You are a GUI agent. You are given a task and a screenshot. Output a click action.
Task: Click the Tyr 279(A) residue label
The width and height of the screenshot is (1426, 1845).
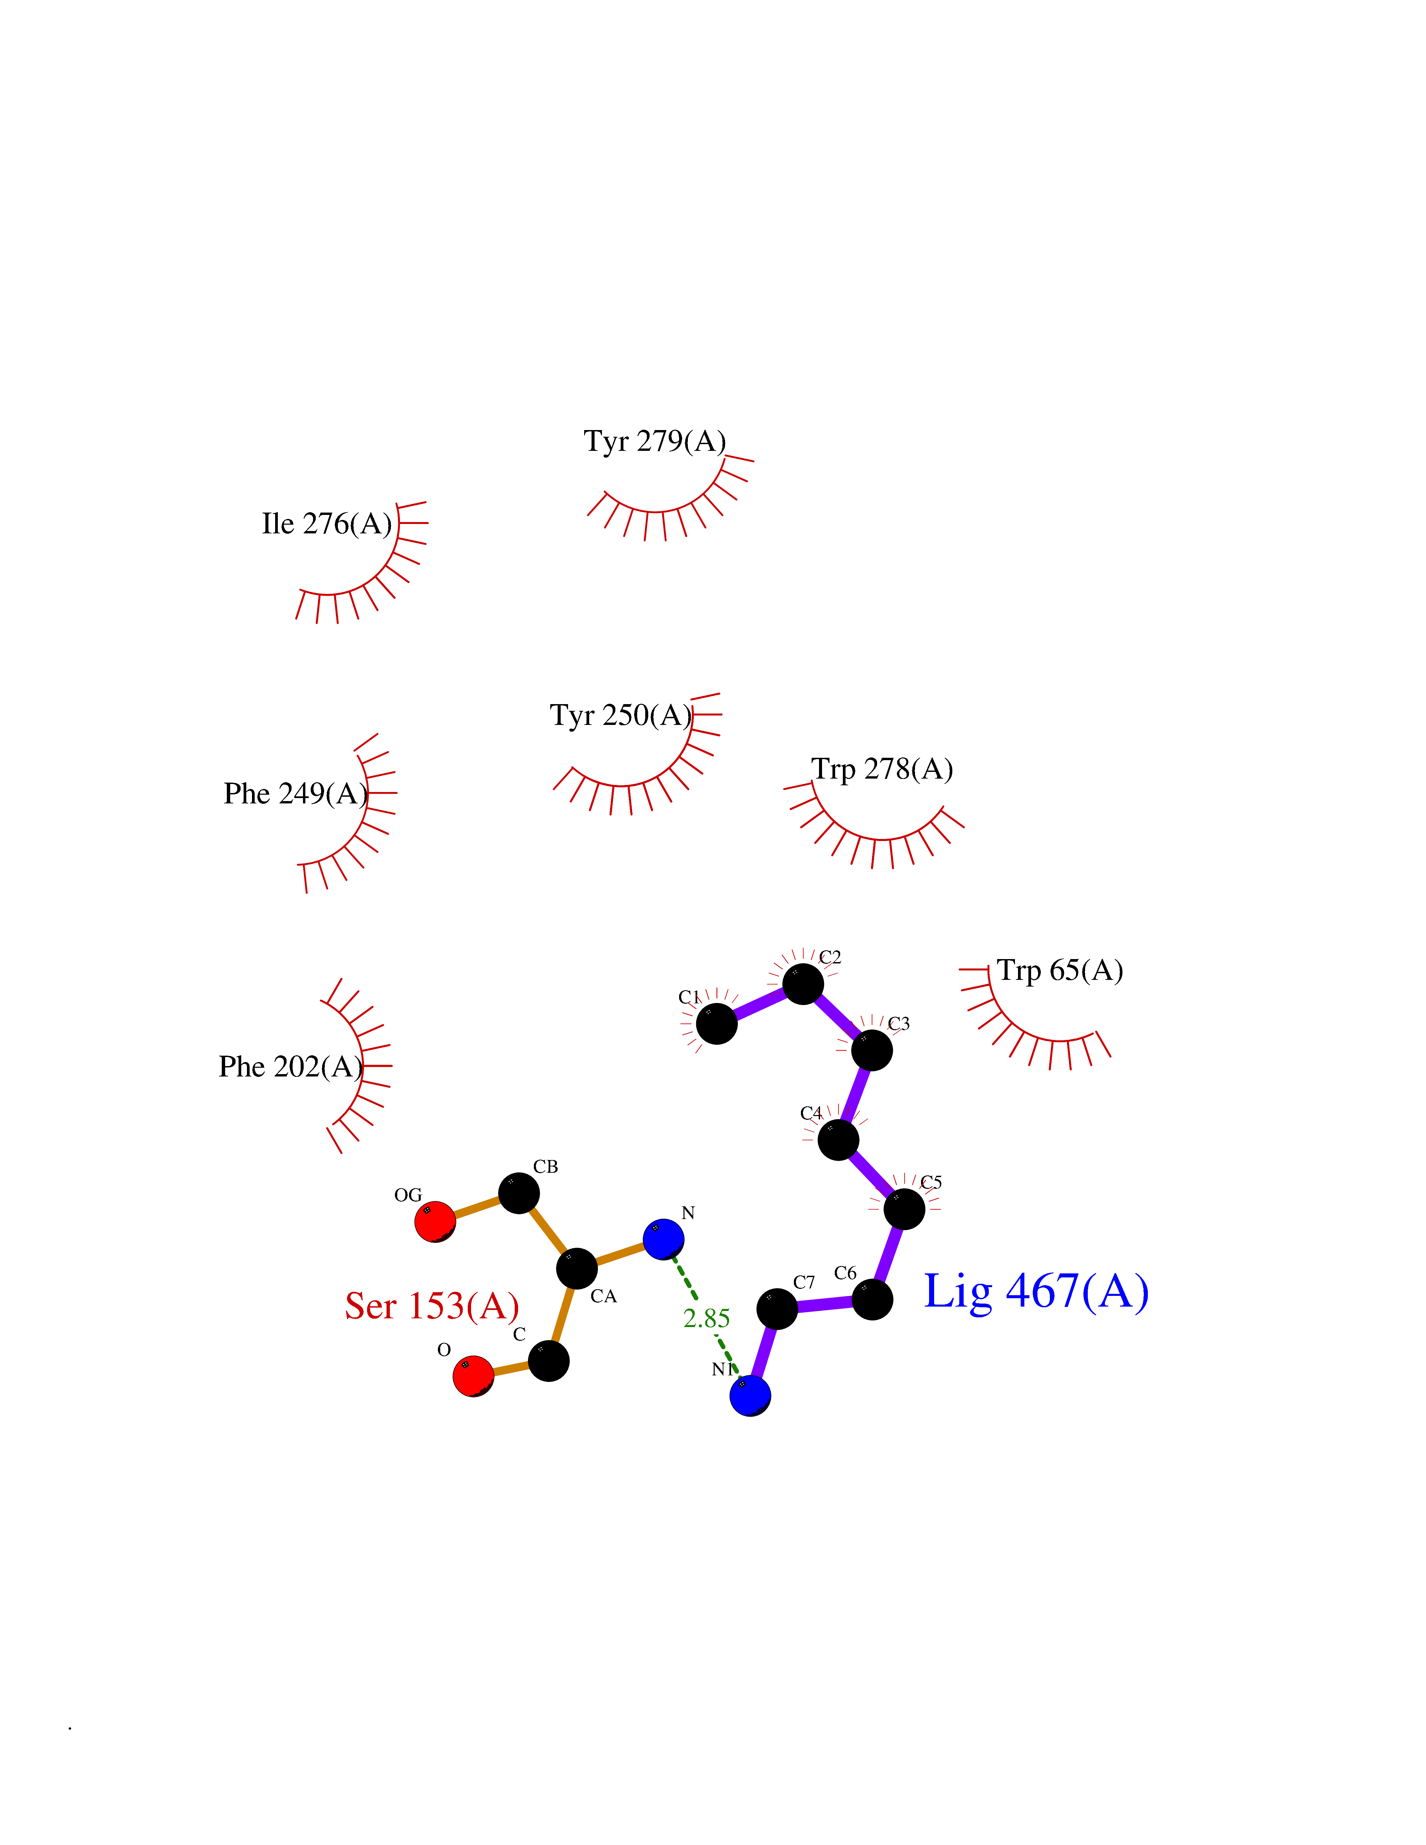[x=655, y=441]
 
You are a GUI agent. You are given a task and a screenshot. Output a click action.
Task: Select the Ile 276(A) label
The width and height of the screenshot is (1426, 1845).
[x=327, y=524]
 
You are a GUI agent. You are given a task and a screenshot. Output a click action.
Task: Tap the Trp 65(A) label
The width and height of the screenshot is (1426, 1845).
[x=1059, y=971]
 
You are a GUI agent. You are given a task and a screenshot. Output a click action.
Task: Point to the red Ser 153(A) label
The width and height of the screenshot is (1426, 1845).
[x=432, y=1306]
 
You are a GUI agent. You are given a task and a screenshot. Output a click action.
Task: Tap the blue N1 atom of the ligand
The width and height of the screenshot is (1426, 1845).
[x=750, y=1395]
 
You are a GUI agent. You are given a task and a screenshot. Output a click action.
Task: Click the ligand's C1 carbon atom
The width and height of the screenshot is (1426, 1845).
[x=716, y=1024]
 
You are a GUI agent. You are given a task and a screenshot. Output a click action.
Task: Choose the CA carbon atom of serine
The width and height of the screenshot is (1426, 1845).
[x=577, y=1268]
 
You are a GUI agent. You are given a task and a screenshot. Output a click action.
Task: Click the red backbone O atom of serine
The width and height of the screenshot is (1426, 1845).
[x=473, y=1376]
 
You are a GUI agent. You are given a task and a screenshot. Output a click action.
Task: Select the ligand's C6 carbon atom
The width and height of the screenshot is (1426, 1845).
[x=872, y=1299]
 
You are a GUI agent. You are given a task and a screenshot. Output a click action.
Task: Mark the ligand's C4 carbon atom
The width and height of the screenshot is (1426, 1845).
[x=838, y=1140]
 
